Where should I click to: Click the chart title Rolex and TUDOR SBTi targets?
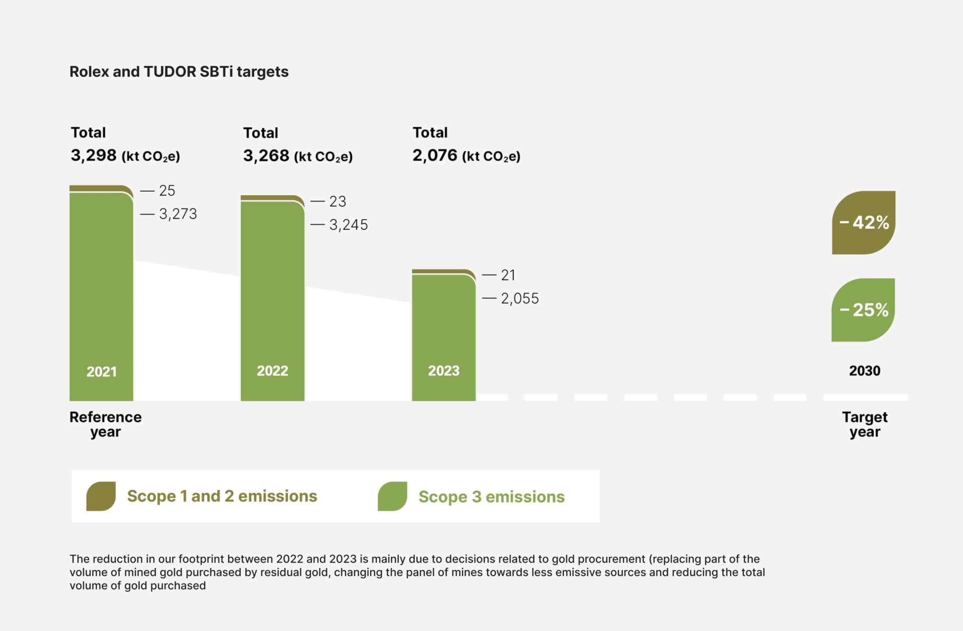pyautogui.click(x=179, y=72)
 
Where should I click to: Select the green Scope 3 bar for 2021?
pyautogui.click(x=101, y=296)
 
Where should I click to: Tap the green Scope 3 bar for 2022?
pyautogui.click(x=272, y=301)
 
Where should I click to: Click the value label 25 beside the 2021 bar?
pyautogui.click(x=167, y=191)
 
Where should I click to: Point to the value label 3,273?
pyautogui.click(x=178, y=214)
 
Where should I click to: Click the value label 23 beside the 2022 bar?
pyautogui.click(x=337, y=202)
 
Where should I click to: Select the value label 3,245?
pyautogui.click(x=348, y=225)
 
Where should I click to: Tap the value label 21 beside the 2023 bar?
pyautogui.click(x=508, y=275)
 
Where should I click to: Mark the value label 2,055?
pyautogui.click(x=520, y=298)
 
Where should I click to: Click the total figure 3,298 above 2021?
pyautogui.click(x=94, y=155)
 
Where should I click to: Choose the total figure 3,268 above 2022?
pyautogui.click(x=266, y=156)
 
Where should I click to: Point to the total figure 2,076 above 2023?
pyautogui.click(x=435, y=155)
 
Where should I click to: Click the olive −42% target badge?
pyautogui.click(x=863, y=222)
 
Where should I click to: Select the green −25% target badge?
pyautogui.click(x=863, y=310)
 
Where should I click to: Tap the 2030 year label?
pyautogui.click(x=864, y=371)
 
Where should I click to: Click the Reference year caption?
pyautogui.click(x=105, y=424)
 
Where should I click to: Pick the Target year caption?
pyautogui.click(x=864, y=424)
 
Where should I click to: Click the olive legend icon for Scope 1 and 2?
pyautogui.click(x=101, y=496)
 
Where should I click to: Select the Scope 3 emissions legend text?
pyautogui.click(x=491, y=497)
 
